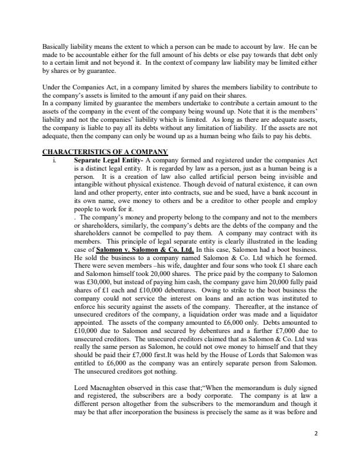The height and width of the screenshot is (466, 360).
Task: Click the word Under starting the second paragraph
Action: [51, 87]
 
